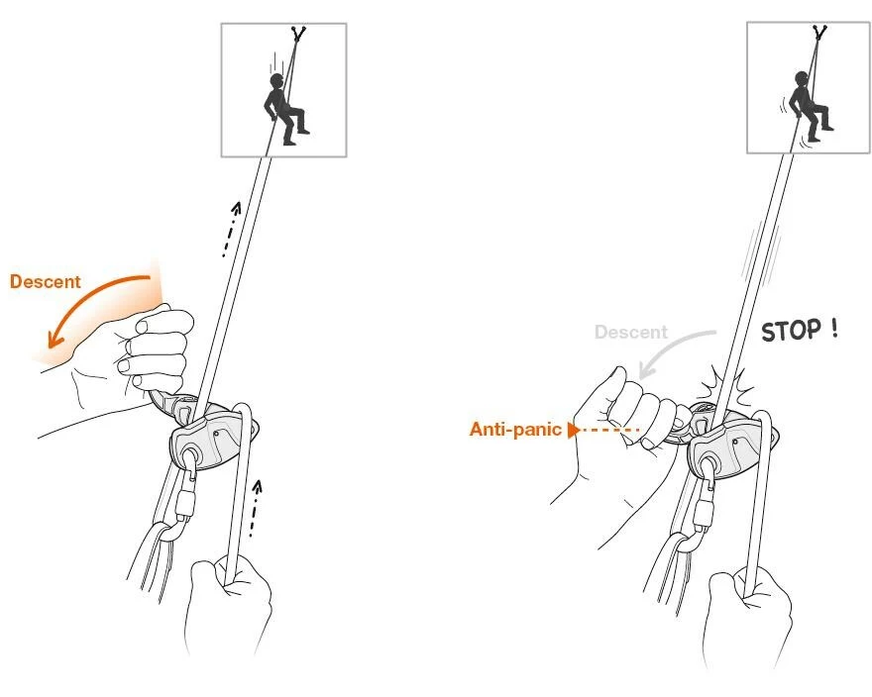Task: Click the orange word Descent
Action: click(45, 282)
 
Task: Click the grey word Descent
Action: click(630, 333)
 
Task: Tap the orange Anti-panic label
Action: click(515, 430)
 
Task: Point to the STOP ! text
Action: click(799, 330)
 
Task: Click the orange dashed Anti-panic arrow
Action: click(603, 431)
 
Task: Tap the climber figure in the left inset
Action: click(283, 109)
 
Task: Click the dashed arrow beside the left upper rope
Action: click(231, 229)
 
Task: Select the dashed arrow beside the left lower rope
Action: click(255, 508)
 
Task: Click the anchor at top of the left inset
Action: click(298, 34)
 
